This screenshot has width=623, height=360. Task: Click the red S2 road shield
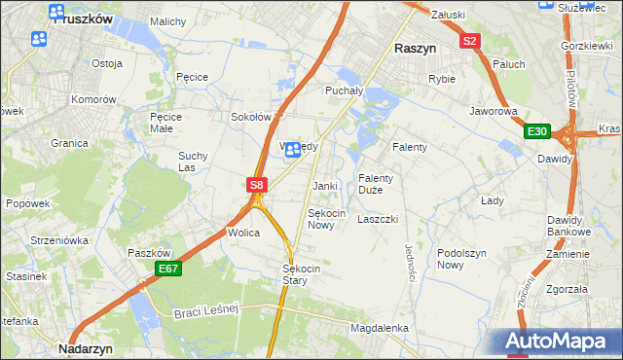tap(470, 41)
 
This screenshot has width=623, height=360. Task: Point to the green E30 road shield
tap(537, 131)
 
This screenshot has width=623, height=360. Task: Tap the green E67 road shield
tap(168, 269)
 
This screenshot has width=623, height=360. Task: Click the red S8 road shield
tap(256, 184)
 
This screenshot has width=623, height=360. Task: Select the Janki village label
tap(324, 186)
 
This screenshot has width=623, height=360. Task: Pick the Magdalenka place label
tap(379, 329)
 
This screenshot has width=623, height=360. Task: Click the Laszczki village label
tap(378, 219)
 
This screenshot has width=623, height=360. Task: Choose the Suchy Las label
tap(193, 161)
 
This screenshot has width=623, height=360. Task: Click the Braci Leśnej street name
tap(206, 312)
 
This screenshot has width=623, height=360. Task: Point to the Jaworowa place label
tap(493, 112)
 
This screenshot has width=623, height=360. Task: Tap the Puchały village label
tap(343, 90)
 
